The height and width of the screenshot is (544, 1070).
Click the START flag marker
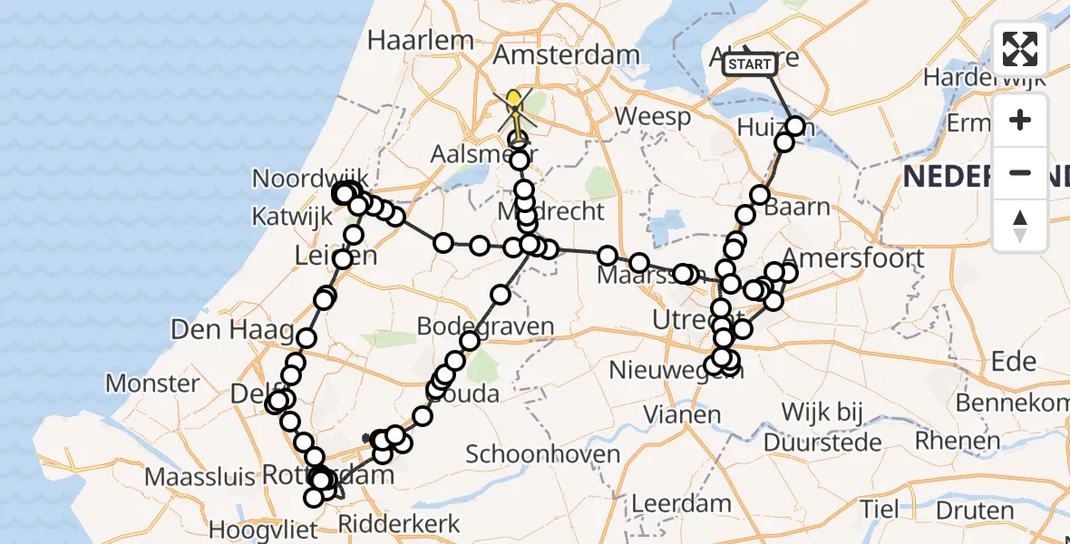(x=750, y=63)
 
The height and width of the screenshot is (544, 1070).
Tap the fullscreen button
(x=1020, y=49)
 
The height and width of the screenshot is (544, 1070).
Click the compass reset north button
(x=1020, y=226)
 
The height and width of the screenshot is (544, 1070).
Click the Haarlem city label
(x=421, y=40)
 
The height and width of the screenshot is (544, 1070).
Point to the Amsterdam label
(x=566, y=54)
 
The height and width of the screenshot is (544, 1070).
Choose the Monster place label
(x=152, y=383)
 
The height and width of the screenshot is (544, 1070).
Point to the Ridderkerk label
(x=399, y=523)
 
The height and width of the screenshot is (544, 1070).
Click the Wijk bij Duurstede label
(x=822, y=428)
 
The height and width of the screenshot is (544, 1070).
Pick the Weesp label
(x=652, y=116)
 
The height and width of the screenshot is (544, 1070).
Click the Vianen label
(x=682, y=415)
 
